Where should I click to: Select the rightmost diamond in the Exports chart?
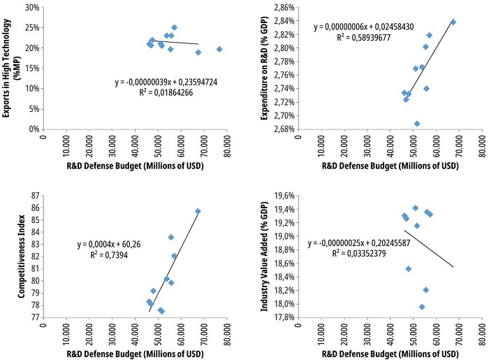pos(219,49)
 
